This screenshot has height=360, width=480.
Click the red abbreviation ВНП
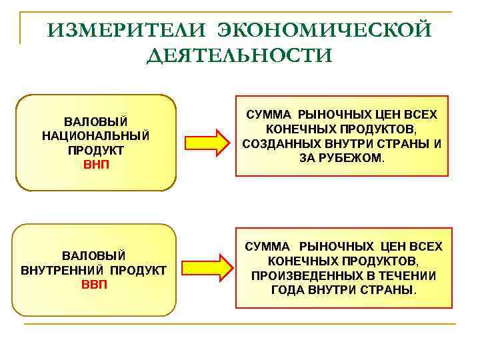95,164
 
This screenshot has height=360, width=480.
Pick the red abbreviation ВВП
94,284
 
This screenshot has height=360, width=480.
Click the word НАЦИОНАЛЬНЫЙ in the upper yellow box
95,135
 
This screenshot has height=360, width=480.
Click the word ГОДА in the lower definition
288,291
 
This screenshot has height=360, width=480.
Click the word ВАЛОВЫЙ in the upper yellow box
95,121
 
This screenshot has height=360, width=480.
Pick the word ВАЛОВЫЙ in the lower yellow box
94,256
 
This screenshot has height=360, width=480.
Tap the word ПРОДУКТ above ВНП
95,150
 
